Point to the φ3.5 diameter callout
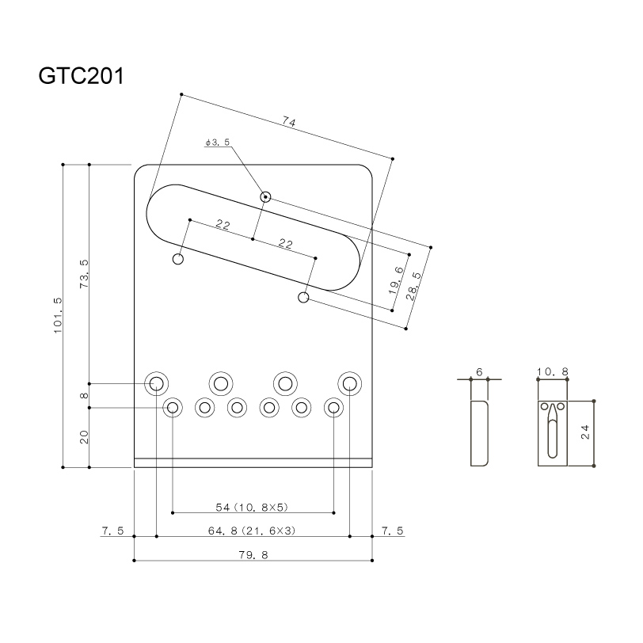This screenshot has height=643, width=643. (216, 143)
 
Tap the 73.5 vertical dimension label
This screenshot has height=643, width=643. (84, 273)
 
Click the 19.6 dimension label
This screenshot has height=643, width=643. (396, 280)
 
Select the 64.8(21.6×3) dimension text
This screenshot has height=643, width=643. (253, 531)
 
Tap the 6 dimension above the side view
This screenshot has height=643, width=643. (479, 371)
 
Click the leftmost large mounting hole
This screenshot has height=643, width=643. (156, 384)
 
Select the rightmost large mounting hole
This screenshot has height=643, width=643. (349, 384)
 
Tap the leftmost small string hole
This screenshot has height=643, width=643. (172, 408)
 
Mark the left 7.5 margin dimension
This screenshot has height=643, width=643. (112, 531)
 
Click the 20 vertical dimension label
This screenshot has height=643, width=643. (84, 437)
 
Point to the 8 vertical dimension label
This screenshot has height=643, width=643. (84, 396)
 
